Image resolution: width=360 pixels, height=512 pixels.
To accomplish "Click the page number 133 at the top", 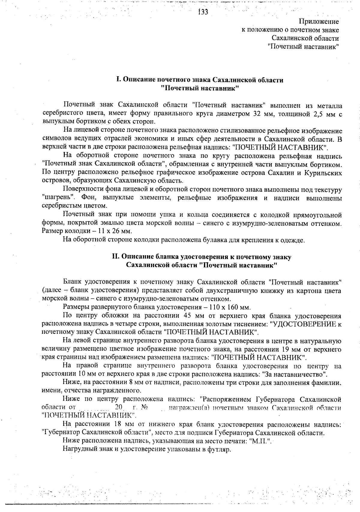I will click(x=203, y=12).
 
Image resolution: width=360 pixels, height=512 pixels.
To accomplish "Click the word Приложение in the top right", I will click(x=319, y=22).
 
